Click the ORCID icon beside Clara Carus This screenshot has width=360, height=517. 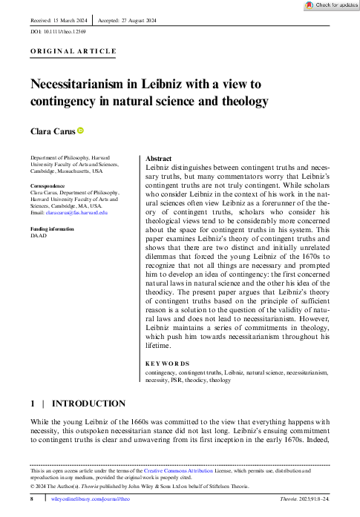(80, 131)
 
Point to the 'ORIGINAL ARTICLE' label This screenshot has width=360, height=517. (73, 51)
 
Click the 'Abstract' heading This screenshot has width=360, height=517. (159, 159)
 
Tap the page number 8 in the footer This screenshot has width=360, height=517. (32, 501)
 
